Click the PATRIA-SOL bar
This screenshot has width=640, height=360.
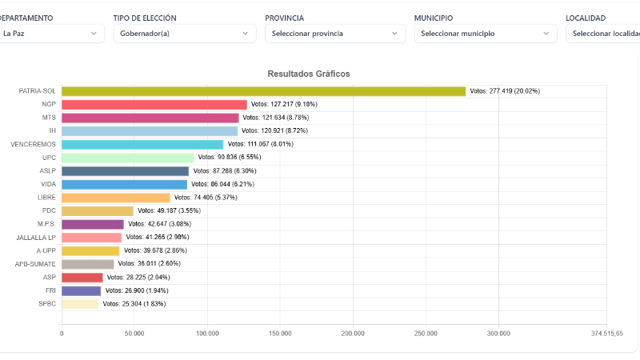263,91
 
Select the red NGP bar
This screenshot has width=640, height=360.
154,105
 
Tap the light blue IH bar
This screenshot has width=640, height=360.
150,131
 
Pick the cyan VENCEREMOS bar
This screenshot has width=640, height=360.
142,145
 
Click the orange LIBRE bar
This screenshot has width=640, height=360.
116,198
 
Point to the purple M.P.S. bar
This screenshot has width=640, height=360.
93,224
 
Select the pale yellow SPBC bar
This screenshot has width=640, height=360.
80,304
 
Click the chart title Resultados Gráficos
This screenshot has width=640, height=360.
308,74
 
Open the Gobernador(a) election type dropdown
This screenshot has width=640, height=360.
184,34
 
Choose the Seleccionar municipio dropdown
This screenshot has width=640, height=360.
485,34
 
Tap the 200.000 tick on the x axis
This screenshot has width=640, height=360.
353,333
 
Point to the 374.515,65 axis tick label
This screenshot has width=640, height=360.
606,333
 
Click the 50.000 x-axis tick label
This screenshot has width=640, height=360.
134,333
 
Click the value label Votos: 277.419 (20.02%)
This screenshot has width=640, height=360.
505,91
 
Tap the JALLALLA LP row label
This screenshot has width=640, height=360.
36,238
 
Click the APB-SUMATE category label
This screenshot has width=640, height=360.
35,264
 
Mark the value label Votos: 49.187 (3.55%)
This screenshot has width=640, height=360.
169,211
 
